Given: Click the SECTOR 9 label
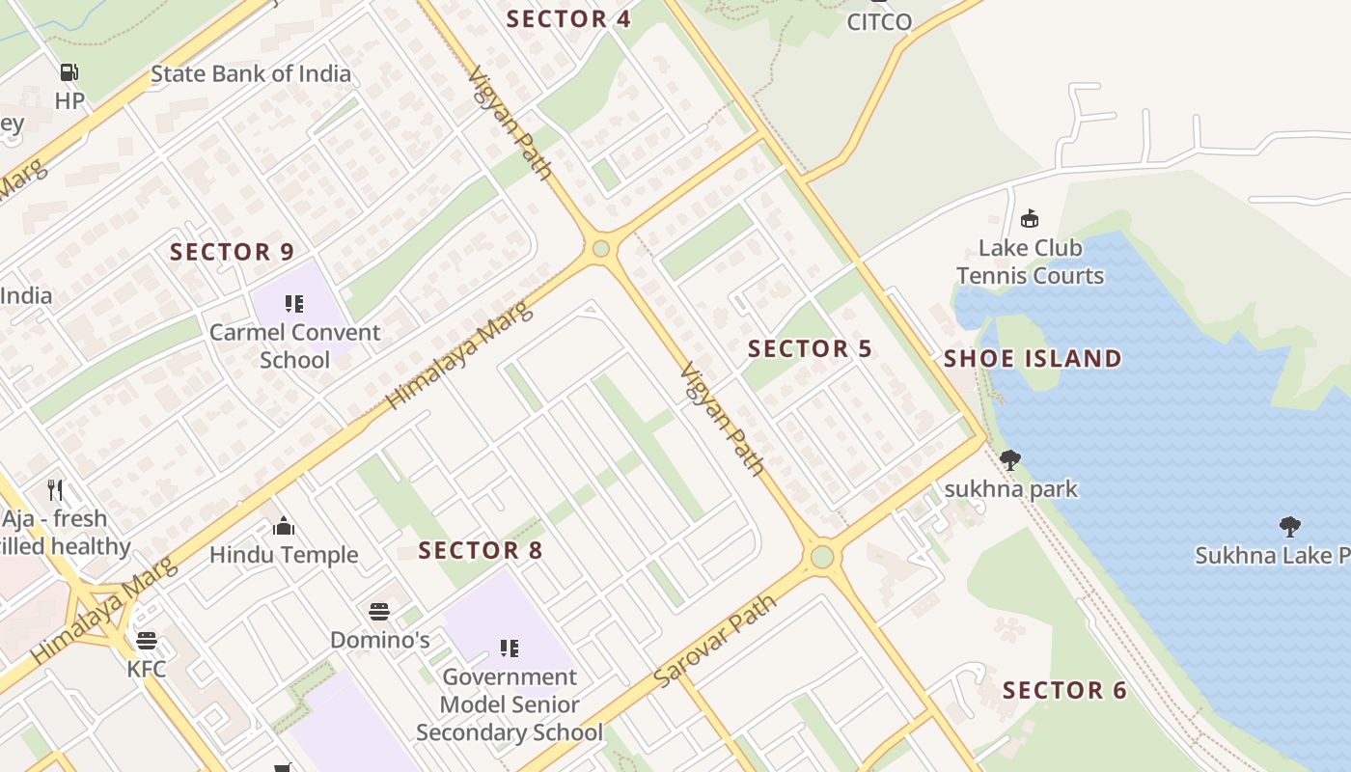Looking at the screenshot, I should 232,252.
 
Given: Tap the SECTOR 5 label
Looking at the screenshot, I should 810,348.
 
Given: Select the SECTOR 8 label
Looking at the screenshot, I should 481,551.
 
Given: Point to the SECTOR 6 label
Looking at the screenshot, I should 1064,690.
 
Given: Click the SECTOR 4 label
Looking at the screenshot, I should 568,18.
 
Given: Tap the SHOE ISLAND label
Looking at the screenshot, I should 1033,359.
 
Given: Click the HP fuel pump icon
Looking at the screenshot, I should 69,71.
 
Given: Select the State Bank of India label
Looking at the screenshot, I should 251,73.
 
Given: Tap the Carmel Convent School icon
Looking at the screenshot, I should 294,305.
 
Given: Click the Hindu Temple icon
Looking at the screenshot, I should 284,526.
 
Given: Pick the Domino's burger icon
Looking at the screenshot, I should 379,611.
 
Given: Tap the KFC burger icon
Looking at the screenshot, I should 147,640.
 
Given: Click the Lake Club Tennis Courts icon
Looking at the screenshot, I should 1030,219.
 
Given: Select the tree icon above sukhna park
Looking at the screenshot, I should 1010,460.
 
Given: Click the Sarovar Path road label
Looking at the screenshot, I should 714,641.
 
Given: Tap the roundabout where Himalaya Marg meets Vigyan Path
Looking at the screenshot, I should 601,249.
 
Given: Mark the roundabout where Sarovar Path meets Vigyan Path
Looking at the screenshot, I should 821,557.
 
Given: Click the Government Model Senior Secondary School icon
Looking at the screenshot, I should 510,648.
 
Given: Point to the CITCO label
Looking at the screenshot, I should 879,21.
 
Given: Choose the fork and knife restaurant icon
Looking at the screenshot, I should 56,490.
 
